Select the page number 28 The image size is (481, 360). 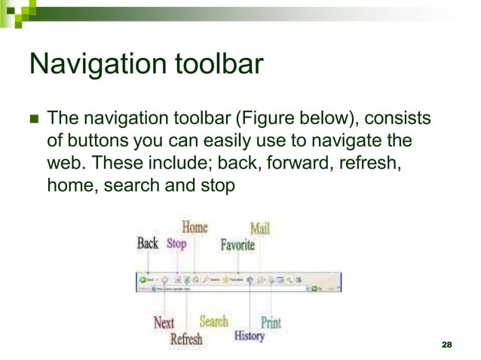(445, 344)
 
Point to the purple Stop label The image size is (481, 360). (176, 244)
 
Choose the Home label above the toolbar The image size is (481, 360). (195, 227)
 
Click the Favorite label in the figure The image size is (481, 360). (237, 245)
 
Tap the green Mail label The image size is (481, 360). (260, 227)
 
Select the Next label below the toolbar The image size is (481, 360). (164, 322)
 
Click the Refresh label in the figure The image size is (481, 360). (186, 339)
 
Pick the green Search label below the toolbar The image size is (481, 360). (213, 322)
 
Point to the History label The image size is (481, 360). (249, 336)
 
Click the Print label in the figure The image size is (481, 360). (271, 323)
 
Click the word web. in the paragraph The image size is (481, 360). (66, 161)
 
